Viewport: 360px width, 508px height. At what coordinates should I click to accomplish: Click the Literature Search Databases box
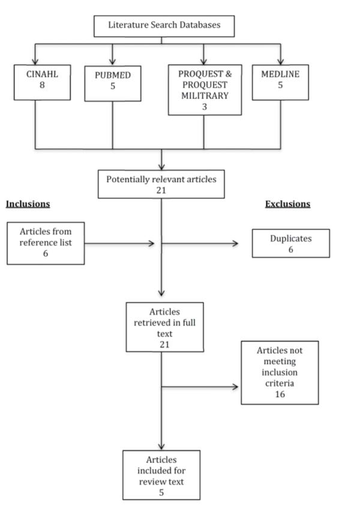164,26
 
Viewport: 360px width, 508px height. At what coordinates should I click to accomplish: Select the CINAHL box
42,82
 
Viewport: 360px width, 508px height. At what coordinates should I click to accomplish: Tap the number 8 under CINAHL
42,85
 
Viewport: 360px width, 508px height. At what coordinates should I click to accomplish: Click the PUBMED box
113,83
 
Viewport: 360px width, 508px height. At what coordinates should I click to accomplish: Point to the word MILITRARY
205,96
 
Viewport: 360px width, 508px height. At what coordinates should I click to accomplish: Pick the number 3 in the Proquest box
205,107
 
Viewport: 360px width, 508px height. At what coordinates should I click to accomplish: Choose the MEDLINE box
280,82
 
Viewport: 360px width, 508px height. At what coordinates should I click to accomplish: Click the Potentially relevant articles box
161,184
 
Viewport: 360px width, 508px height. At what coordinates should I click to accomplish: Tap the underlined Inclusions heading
28,204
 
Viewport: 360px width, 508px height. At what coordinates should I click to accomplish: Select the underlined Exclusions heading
288,204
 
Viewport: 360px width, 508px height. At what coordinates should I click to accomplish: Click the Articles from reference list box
46,243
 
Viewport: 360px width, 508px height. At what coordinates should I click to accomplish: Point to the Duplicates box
291,243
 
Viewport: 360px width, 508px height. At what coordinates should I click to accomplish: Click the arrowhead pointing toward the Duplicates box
235,243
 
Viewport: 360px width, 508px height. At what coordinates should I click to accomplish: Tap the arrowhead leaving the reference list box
151,243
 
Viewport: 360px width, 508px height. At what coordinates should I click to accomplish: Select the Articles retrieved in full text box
165,327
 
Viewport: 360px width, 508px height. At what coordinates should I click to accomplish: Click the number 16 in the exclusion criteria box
280,395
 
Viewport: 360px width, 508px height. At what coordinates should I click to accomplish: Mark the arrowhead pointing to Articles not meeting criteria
235,387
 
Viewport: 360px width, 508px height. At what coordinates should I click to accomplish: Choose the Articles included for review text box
161,475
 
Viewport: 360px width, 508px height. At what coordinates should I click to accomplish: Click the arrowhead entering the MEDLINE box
281,62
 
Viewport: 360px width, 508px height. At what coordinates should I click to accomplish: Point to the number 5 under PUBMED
113,86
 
